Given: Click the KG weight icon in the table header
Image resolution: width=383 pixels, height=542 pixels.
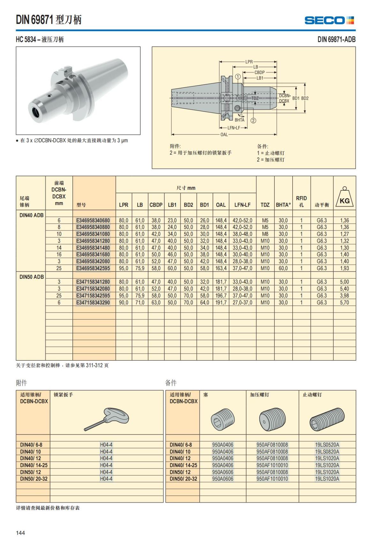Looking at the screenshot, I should tap(344, 198).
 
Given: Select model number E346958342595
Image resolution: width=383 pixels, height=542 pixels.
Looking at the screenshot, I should tap(93, 268).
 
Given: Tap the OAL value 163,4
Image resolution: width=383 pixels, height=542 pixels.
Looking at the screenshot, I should tap(221, 268).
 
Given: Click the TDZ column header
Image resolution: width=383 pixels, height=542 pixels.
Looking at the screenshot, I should tap(265, 205).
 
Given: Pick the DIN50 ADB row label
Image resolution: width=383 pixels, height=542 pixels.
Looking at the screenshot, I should tap(32, 277).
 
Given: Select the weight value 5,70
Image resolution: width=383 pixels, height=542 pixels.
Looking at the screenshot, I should tap(344, 302).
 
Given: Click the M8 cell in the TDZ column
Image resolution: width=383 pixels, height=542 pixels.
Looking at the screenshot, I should tap(265, 234).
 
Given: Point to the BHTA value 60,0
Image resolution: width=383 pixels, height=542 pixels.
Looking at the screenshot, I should tap(283, 268).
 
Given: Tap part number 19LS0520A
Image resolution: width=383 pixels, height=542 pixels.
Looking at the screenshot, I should tap(327, 445).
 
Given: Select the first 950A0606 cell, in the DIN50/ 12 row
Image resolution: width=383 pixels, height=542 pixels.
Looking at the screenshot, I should tap(222, 472).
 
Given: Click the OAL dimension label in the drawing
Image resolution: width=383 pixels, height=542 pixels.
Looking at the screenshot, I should tap(224, 134).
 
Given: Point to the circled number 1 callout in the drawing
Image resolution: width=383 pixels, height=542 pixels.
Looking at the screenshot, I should tap(238, 77).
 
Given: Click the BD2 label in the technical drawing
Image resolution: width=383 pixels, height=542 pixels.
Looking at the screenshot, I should tap(305, 98).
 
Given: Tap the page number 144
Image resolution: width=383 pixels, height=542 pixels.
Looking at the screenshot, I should tap(20, 533).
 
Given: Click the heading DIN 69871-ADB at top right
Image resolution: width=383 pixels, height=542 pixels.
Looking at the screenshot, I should tap(336, 39).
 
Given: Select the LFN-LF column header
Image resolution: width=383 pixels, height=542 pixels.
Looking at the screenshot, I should tap(242, 205).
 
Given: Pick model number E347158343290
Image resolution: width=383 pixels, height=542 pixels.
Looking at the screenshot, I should tap(93, 302).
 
